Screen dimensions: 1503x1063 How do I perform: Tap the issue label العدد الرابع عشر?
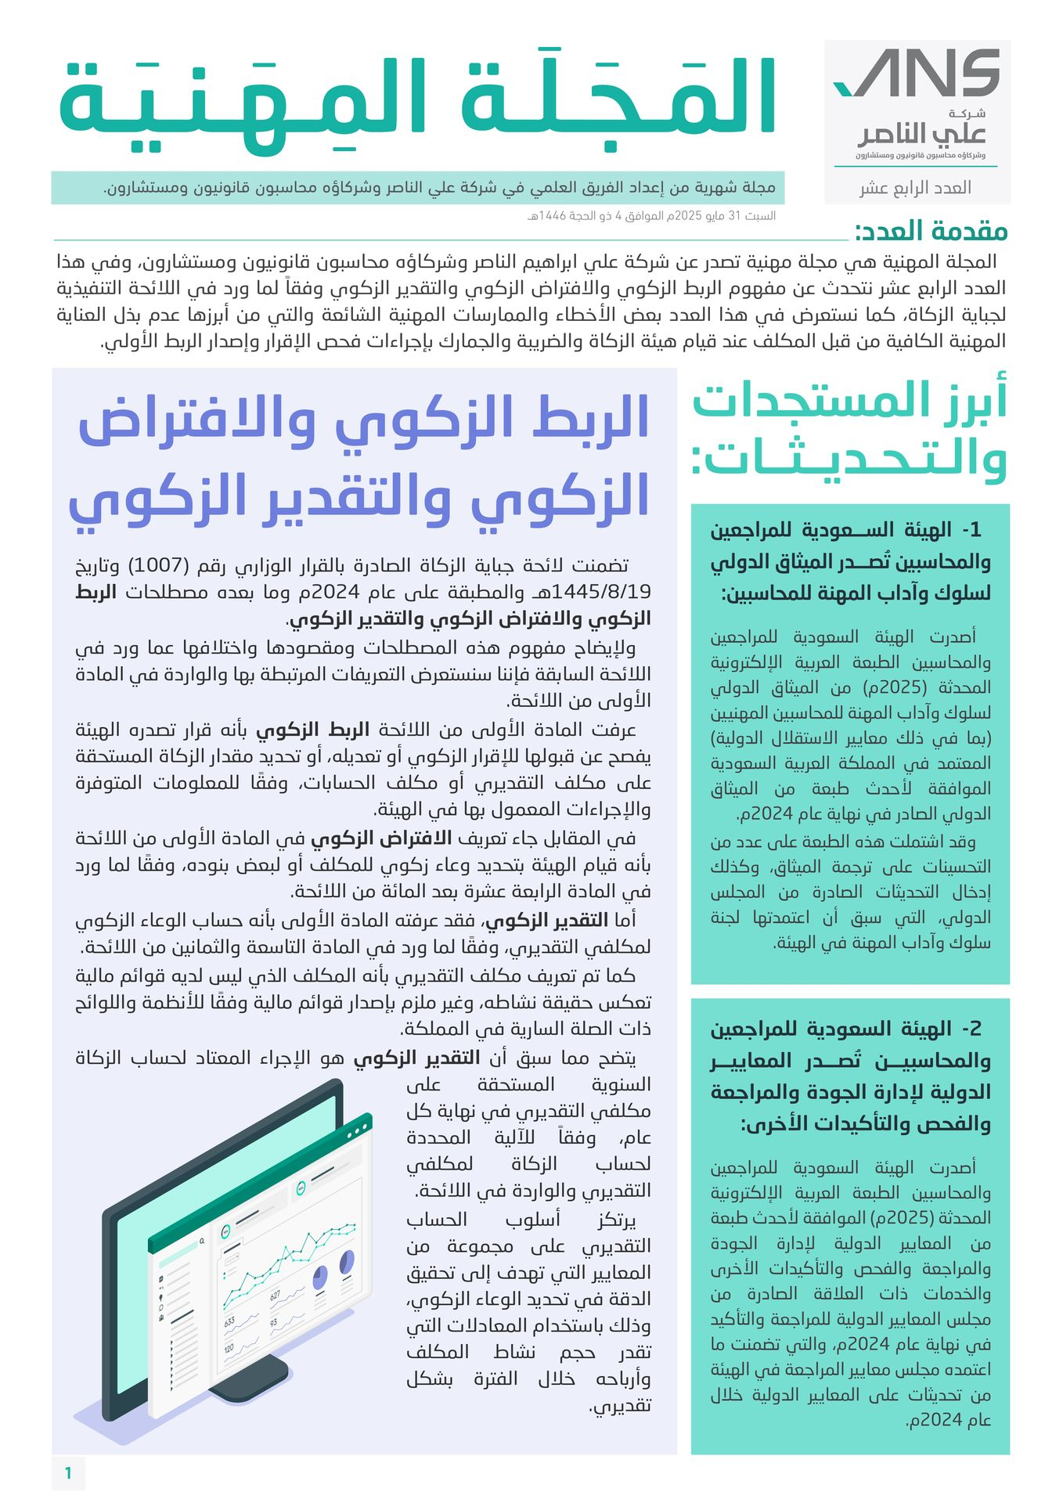click(x=915, y=188)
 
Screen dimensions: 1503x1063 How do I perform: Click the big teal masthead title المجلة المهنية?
click(x=417, y=98)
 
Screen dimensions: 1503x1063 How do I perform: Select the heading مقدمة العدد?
click(x=931, y=231)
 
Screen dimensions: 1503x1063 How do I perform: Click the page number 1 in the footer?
click(x=68, y=1473)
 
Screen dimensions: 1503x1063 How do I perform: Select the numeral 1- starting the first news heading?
click(x=971, y=531)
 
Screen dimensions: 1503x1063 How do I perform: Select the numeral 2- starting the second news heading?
click(x=971, y=1029)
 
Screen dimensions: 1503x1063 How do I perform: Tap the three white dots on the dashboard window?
click(x=357, y=1132)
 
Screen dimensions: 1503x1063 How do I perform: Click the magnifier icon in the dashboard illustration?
click(x=202, y=1242)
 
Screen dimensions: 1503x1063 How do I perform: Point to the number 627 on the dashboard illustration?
click(x=275, y=1296)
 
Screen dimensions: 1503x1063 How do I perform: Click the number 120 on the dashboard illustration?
click(x=229, y=1348)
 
